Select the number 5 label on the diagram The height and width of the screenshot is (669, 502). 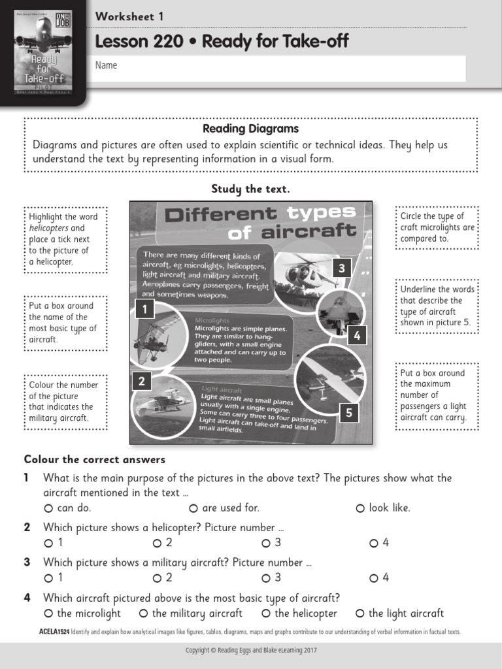pyautogui.click(x=348, y=412)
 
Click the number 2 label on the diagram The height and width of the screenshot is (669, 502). pyautogui.click(x=141, y=382)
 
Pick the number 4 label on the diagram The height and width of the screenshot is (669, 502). pyautogui.click(x=357, y=336)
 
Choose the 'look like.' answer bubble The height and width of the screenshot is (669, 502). pyautogui.click(x=360, y=508)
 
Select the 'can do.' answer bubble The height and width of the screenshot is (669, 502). pyautogui.click(x=48, y=508)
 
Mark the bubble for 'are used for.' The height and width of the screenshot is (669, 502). pyautogui.click(x=193, y=508)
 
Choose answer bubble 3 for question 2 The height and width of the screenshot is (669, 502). pyautogui.click(x=266, y=543)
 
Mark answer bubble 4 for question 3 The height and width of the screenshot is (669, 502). pyautogui.click(x=374, y=578)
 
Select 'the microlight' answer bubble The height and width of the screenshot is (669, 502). pyautogui.click(x=48, y=613)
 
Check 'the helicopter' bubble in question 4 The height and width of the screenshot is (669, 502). pyautogui.click(x=266, y=613)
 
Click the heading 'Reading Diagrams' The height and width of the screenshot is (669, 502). pyautogui.click(x=250, y=129)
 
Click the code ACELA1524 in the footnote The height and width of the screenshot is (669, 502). pyautogui.click(x=54, y=632)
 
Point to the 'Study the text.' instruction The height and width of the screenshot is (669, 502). pyautogui.click(x=250, y=189)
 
